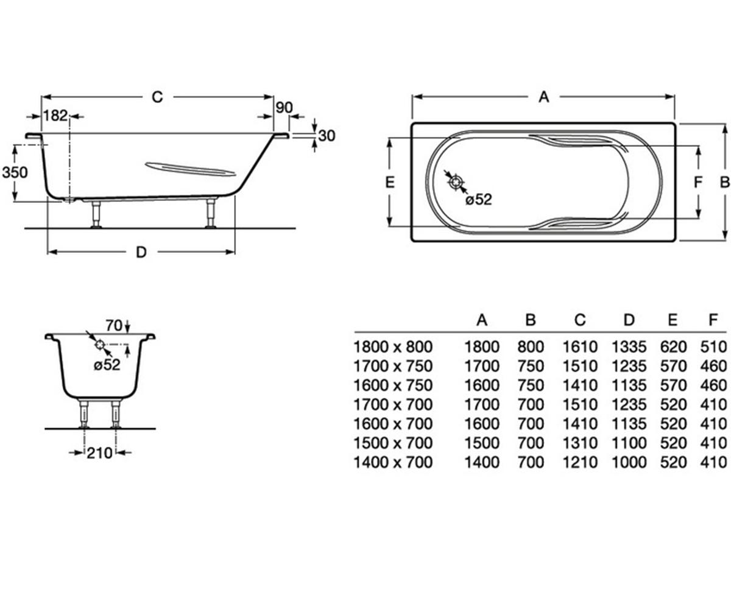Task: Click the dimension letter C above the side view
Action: tap(157, 97)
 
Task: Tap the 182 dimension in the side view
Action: tap(55, 116)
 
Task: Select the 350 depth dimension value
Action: tap(15, 172)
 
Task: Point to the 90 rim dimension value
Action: tap(284, 108)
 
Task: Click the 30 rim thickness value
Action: tap(327, 136)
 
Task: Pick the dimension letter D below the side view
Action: tap(141, 252)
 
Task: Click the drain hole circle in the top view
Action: tap(456, 182)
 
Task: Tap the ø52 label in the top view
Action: tap(479, 200)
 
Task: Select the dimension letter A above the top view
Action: tap(543, 97)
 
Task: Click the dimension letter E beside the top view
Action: tap(390, 182)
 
